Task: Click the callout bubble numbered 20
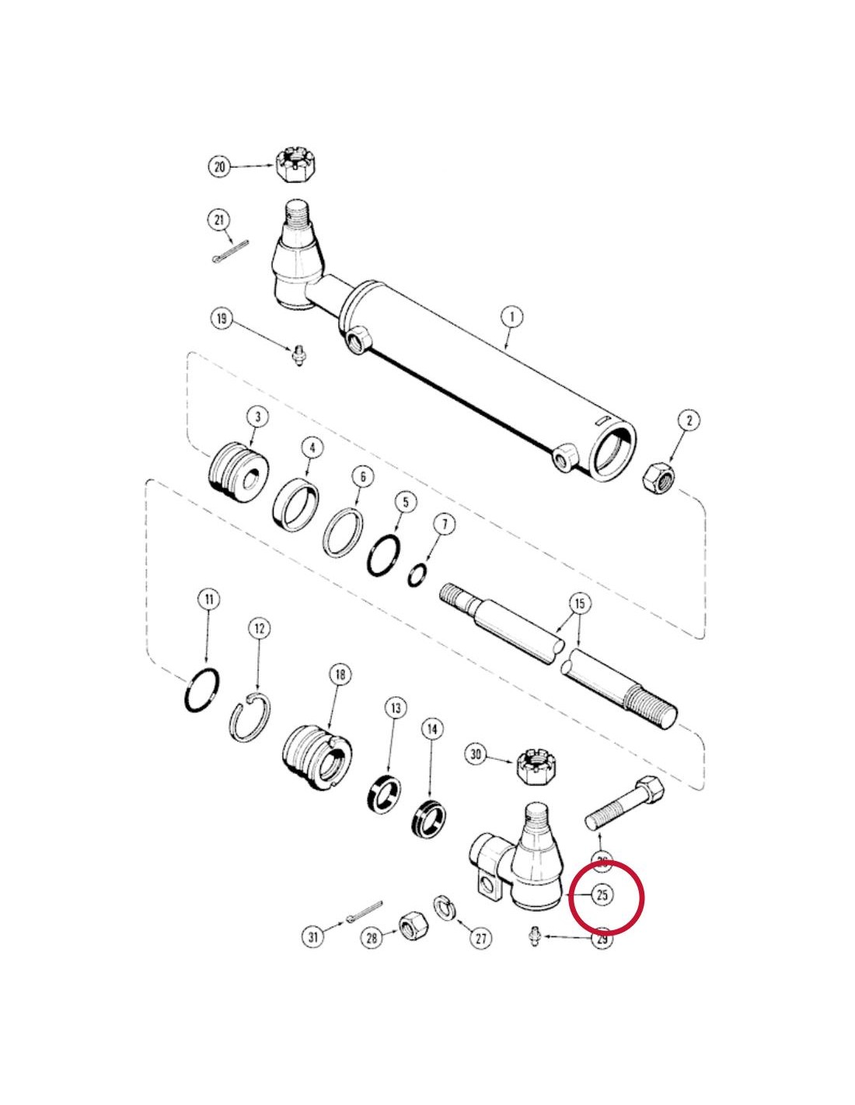(220, 166)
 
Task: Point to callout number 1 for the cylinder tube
(511, 317)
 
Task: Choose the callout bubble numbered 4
(312, 448)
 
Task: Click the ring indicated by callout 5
(386, 555)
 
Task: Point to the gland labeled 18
(317, 759)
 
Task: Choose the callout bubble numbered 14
(432, 729)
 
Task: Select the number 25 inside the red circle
(602, 894)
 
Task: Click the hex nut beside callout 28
(411, 925)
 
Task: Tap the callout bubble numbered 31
(313, 936)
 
